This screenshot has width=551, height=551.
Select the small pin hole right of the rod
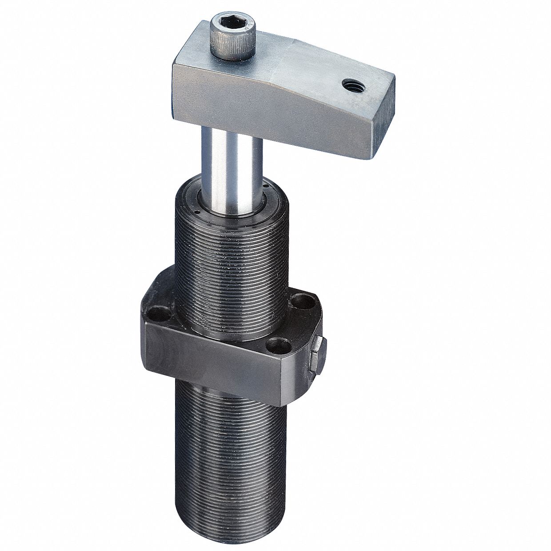coord(265,186)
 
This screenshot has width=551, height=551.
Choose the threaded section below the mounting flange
coord(231,427)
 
